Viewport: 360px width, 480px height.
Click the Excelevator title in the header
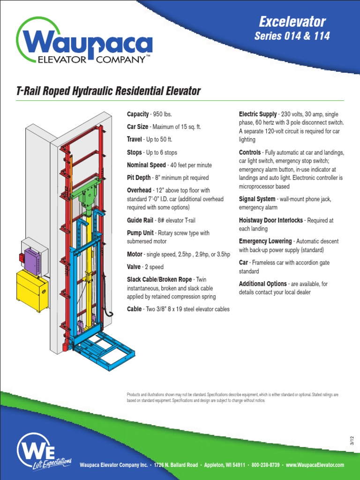click(x=292, y=21)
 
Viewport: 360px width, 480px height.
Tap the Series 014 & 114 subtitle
click(x=292, y=36)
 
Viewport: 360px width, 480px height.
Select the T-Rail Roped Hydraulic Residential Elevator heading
click(x=108, y=91)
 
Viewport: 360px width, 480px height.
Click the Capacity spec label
click(x=138, y=114)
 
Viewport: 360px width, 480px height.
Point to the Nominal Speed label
click(x=146, y=165)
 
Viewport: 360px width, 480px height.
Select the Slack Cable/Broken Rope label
click(x=159, y=279)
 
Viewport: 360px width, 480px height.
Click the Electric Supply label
click(x=258, y=114)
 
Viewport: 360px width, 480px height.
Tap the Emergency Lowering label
click(x=265, y=241)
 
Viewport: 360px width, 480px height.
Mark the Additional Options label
click(x=262, y=284)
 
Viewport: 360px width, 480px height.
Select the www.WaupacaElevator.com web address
click(x=315, y=465)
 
